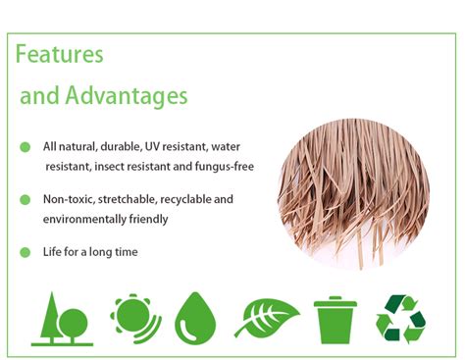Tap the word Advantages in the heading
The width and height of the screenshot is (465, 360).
(x=128, y=96)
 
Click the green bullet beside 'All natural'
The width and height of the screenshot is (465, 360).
(x=25, y=147)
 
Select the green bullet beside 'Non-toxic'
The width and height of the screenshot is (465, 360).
(x=25, y=199)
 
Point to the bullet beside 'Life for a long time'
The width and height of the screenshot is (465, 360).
(x=25, y=252)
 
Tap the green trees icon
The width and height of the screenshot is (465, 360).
(x=62, y=319)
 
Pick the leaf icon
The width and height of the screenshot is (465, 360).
(x=265, y=318)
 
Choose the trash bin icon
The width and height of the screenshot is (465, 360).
(x=332, y=319)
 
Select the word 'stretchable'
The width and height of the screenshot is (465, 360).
(x=126, y=199)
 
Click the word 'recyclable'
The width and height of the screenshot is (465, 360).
(x=186, y=199)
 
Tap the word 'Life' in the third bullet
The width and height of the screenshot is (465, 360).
(x=53, y=252)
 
